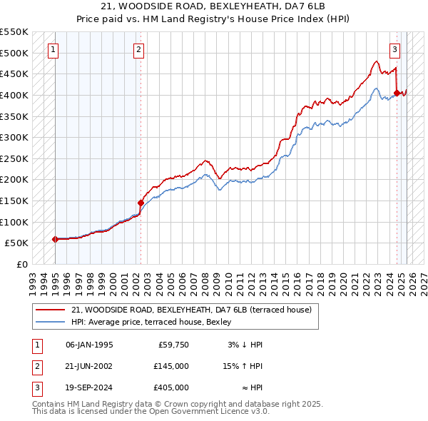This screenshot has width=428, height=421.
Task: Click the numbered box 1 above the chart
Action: [54, 50]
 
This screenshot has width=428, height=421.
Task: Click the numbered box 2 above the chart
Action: [138, 50]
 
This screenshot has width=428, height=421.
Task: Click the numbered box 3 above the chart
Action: [394, 50]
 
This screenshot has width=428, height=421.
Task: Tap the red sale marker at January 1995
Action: [56, 239]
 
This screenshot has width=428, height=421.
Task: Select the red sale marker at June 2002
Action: [141, 203]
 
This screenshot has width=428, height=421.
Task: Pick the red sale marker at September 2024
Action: [397, 93]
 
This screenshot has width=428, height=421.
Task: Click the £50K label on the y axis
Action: [17, 243]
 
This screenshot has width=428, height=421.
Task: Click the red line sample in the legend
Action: [50, 310]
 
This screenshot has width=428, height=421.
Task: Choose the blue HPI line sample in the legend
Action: [50, 322]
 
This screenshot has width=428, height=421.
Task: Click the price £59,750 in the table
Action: [171, 345]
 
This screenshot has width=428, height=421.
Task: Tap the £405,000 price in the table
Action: [171, 387]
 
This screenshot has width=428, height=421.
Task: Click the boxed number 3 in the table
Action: [36, 387]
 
